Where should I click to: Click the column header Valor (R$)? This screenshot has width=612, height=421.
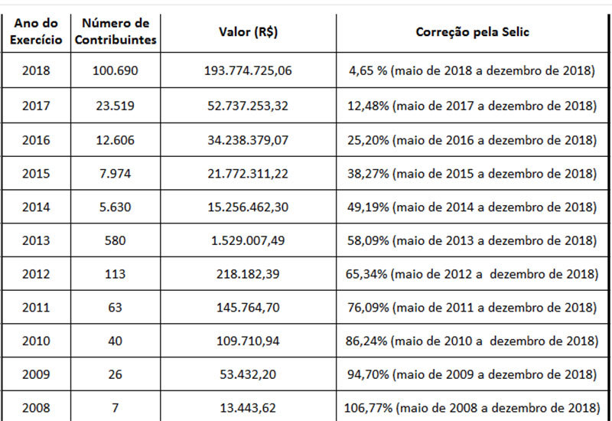click(247, 32)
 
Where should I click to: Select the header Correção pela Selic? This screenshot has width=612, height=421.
click(472, 32)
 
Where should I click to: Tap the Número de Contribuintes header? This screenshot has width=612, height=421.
click(116, 32)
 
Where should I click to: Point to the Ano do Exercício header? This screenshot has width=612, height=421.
click(37, 32)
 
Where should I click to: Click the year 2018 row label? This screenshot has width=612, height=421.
click(37, 71)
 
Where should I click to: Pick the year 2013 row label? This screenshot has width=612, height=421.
click(37, 240)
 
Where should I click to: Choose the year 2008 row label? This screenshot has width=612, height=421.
click(37, 408)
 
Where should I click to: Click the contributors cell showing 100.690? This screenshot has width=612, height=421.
click(116, 71)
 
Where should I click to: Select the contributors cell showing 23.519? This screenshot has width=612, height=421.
click(116, 106)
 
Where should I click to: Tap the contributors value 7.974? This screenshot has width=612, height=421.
click(116, 173)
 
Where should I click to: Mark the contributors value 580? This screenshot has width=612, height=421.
click(116, 240)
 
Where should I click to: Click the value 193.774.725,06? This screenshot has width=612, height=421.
click(248, 71)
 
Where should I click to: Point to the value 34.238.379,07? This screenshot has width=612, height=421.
click(248, 139)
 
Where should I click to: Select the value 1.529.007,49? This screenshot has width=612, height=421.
click(248, 240)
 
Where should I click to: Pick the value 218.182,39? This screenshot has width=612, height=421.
click(248, 274)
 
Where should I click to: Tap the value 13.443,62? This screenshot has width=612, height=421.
click(248, 408)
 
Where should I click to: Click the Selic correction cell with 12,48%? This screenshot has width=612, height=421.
click(472, 106)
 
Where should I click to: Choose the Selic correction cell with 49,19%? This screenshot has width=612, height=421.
click(472, 207)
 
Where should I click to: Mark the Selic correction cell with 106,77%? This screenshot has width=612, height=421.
click(472, 408)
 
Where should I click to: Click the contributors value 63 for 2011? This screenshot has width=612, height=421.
click(116, 308)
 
